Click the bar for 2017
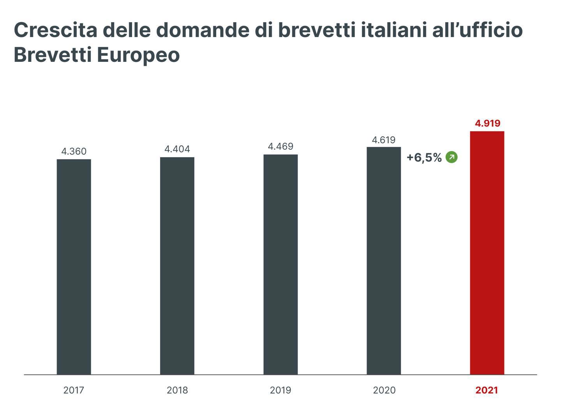coord(74,267)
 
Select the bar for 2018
coord(177,266)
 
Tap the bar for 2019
coord(280,264)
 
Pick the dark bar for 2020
coord(384,261)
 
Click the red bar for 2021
coord(487,253)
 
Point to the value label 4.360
coord(74,151)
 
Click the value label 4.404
coord(177,149)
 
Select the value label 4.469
coord(280,146)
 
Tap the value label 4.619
coord(384,140)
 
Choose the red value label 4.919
coord(487,123)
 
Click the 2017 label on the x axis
coord(74,390)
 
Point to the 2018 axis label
coord(177,390)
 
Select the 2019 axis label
coord(280,390)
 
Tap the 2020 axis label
coord(384,390)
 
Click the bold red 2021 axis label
coord(487,390)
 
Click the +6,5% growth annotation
coord(424,157)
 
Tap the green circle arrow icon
coord(452,157)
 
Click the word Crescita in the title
coord(55,30)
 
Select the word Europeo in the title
coord(138,55)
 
